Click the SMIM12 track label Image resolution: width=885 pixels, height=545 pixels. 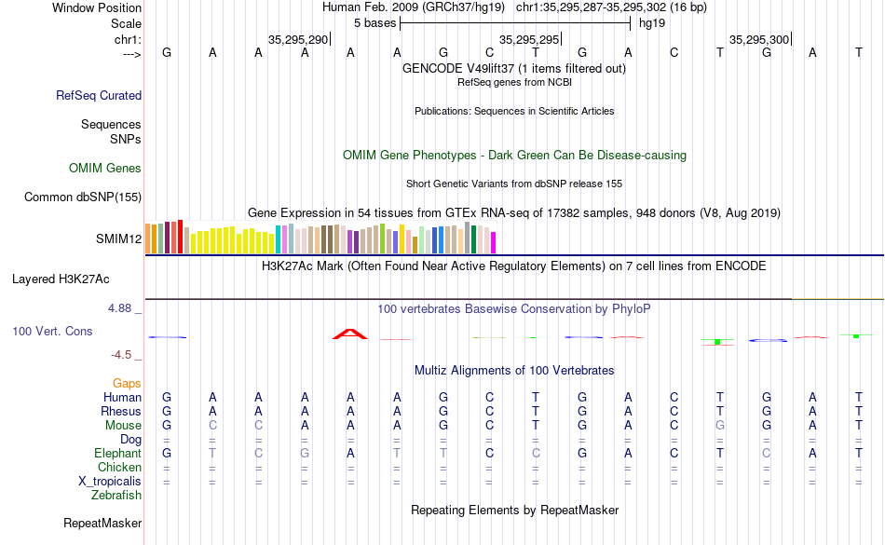[x=118, y=238]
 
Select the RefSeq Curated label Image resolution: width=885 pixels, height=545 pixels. [x=99, y=95]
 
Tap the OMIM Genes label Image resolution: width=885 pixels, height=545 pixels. [x=105, y=169]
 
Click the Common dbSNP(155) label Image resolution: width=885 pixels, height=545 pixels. [x=83, y=197]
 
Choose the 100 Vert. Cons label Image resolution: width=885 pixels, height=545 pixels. [x=52, y=331]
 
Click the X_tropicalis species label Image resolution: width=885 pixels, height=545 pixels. [x=110, y=481]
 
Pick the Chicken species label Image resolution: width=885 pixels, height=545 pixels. [x=119, y=467]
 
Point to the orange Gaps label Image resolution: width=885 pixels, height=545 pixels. [x=127, y=383]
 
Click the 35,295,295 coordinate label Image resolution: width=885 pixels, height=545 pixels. [x=529, y=40]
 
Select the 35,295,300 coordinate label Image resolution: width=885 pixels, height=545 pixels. [x=759, y=40]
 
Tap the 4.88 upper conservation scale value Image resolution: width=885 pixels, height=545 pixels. [x=123, y=307]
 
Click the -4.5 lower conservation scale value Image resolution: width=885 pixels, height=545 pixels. [x=124, y=355]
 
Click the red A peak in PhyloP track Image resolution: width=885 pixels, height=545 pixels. [x=350, y=333]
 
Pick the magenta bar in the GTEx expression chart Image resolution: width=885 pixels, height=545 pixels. [x=493, y=241]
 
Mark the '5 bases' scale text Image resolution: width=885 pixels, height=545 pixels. [x=374, y=23]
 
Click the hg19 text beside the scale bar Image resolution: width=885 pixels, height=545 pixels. [x=651, y=23]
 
